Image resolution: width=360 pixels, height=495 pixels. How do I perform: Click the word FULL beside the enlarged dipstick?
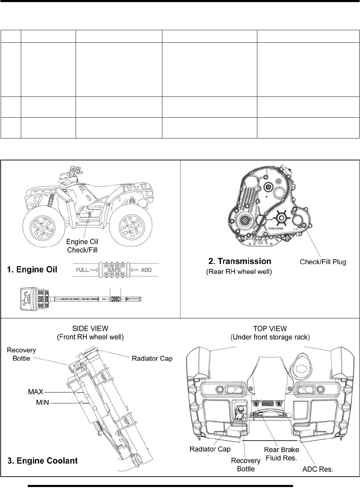82,270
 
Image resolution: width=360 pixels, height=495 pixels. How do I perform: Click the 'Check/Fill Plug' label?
323,262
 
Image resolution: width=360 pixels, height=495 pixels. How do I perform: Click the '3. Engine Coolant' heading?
43,461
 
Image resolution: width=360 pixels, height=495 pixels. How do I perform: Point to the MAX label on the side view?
35,392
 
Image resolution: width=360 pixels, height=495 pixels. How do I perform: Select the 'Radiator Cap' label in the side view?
152,358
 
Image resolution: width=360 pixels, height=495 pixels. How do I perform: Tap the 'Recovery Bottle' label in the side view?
22,354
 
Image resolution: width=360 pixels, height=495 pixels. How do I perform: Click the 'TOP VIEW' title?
270,328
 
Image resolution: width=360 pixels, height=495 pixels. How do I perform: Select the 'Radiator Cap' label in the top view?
210,449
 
